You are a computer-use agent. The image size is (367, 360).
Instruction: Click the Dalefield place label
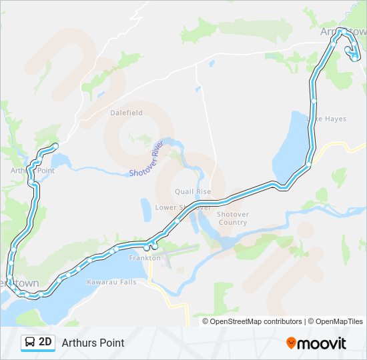click(x=126, y=113)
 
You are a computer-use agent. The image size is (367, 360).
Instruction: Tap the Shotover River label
click(x=147, y=160)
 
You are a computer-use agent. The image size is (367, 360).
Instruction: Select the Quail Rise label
click(x=193, y=192)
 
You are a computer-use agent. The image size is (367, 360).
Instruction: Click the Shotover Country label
click(x=233, y=218)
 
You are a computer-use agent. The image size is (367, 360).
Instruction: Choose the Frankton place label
click(x=145, y=258)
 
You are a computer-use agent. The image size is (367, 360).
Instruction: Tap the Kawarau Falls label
click(x=111, y=282)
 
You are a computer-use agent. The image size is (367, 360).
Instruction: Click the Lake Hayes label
click(x=326, y=119)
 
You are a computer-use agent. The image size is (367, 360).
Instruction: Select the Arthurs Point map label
click(x=32, y=171)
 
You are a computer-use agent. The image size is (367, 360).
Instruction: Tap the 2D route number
click(x=45, y=343)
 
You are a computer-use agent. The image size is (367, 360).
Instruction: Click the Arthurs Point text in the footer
click(x=93, y=343)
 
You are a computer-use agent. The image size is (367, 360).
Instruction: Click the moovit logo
click(x=316, y=343)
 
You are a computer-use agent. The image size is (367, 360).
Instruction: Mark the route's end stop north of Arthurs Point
click(x=55, y=146)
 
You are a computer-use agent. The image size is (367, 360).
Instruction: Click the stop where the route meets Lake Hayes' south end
click(x=309, y=163)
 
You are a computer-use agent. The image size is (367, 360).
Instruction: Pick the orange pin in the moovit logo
click(x=291, y=343)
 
